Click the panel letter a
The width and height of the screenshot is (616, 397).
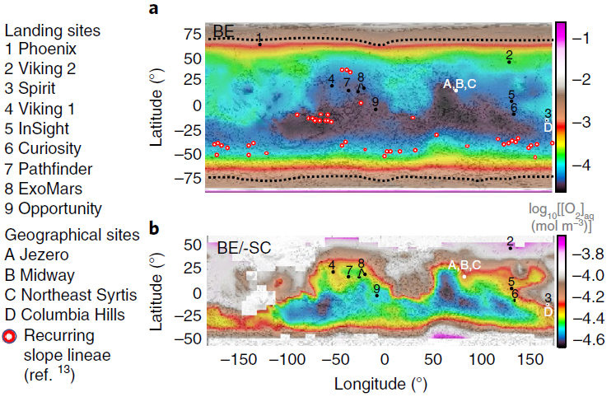pos(153,10)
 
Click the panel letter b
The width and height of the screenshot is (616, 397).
pos(153,227)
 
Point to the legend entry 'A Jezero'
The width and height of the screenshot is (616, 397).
pos(40,255)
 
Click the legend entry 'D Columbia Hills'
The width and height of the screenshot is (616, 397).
pos(65,315)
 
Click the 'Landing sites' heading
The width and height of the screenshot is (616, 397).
pos(53,30)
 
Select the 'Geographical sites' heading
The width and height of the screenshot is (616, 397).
pos(72,235)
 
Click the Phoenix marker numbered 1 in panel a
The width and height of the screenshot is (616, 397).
pos(259,44)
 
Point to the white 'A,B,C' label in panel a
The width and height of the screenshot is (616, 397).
pos(460,84)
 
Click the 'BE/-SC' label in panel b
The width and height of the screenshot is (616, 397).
pos(243,245)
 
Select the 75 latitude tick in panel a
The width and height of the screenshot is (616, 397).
pos(194,35)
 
